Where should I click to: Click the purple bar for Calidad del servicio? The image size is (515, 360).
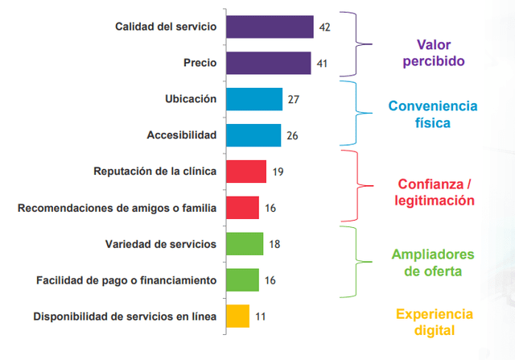[x=270, y=27]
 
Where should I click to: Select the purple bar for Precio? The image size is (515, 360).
[x=268, y=63]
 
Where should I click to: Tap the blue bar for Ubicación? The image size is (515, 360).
[x=254, y=99]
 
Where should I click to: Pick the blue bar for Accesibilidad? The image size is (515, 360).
[x=253, y=135]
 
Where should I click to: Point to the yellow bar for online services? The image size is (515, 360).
[x=238, y=316]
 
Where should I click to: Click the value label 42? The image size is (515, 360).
[x=325, y=27]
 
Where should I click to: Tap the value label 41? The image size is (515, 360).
[x=322, y=64]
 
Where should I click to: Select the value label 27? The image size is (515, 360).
[x=294, y=100]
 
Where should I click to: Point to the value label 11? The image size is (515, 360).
[x=261, y=317]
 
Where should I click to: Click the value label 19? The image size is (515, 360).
[x=278, y=172]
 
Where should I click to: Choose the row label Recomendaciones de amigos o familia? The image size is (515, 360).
[x=117, y=208]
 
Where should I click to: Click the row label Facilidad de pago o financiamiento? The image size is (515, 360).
[x=126, y=280]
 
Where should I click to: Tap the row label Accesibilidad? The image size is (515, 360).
[x=182, y=135]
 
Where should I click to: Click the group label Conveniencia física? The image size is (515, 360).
[x=432, y=114]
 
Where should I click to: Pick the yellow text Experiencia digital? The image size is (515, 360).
[x=434, y=321]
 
